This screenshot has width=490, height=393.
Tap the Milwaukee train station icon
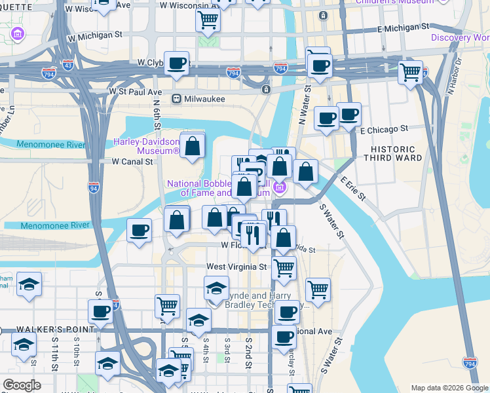(x=176, y=98)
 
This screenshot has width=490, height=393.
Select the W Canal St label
(x=132, y=161)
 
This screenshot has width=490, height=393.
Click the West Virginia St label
(x=237, y=267)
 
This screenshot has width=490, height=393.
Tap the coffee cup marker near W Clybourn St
(x=176, y=64)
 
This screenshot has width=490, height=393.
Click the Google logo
(x=22, y=385)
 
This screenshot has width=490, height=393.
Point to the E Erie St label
(x=352, y=188)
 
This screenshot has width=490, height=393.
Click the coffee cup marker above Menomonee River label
(x=139, y=230)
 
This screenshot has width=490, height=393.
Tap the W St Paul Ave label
(x=136, y=91)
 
